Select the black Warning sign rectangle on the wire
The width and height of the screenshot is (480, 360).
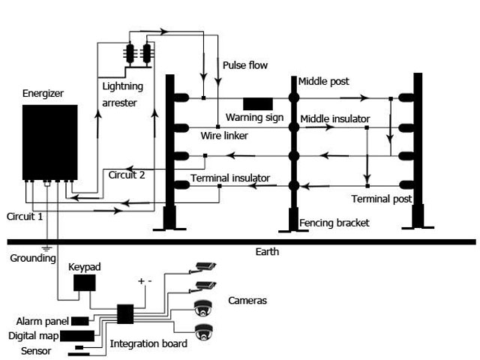pos(257,103)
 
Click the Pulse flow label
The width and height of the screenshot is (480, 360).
pos(244,65)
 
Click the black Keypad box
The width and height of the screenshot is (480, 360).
pos(84,283)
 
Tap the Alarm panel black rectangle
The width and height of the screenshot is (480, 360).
pos(79,322)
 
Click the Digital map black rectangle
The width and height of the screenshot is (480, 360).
pos(77,335)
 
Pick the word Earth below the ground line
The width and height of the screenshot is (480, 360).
pos(267,252)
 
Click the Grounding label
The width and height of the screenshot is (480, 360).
pos(32,258)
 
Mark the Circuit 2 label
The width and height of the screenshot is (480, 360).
pos(127,175)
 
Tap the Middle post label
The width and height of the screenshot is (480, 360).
pos(323,81)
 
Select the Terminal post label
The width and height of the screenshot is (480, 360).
pos(381,199)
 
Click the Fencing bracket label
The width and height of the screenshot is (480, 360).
pos(334,223)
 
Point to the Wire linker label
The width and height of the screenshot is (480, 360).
pos(224,136)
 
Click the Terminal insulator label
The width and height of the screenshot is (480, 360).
pos(230,178)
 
